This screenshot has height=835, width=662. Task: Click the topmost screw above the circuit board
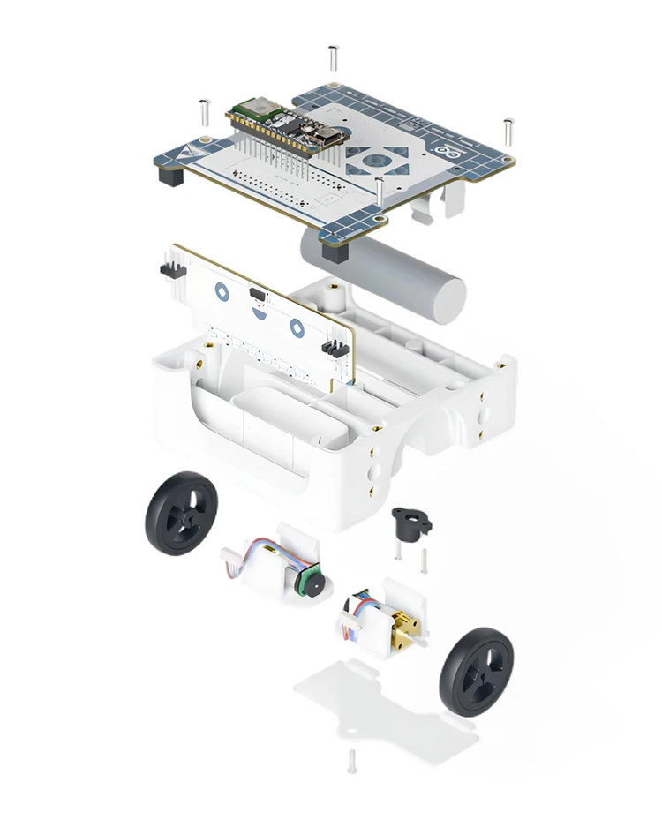(333, 57)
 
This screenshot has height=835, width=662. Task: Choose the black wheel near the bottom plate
(475, 672)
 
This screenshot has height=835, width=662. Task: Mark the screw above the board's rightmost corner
(508, 130)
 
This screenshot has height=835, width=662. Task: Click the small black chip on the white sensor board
(257, 293)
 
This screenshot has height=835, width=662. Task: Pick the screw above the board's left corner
(202, 112)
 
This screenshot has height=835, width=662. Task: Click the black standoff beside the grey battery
(335, 251)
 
